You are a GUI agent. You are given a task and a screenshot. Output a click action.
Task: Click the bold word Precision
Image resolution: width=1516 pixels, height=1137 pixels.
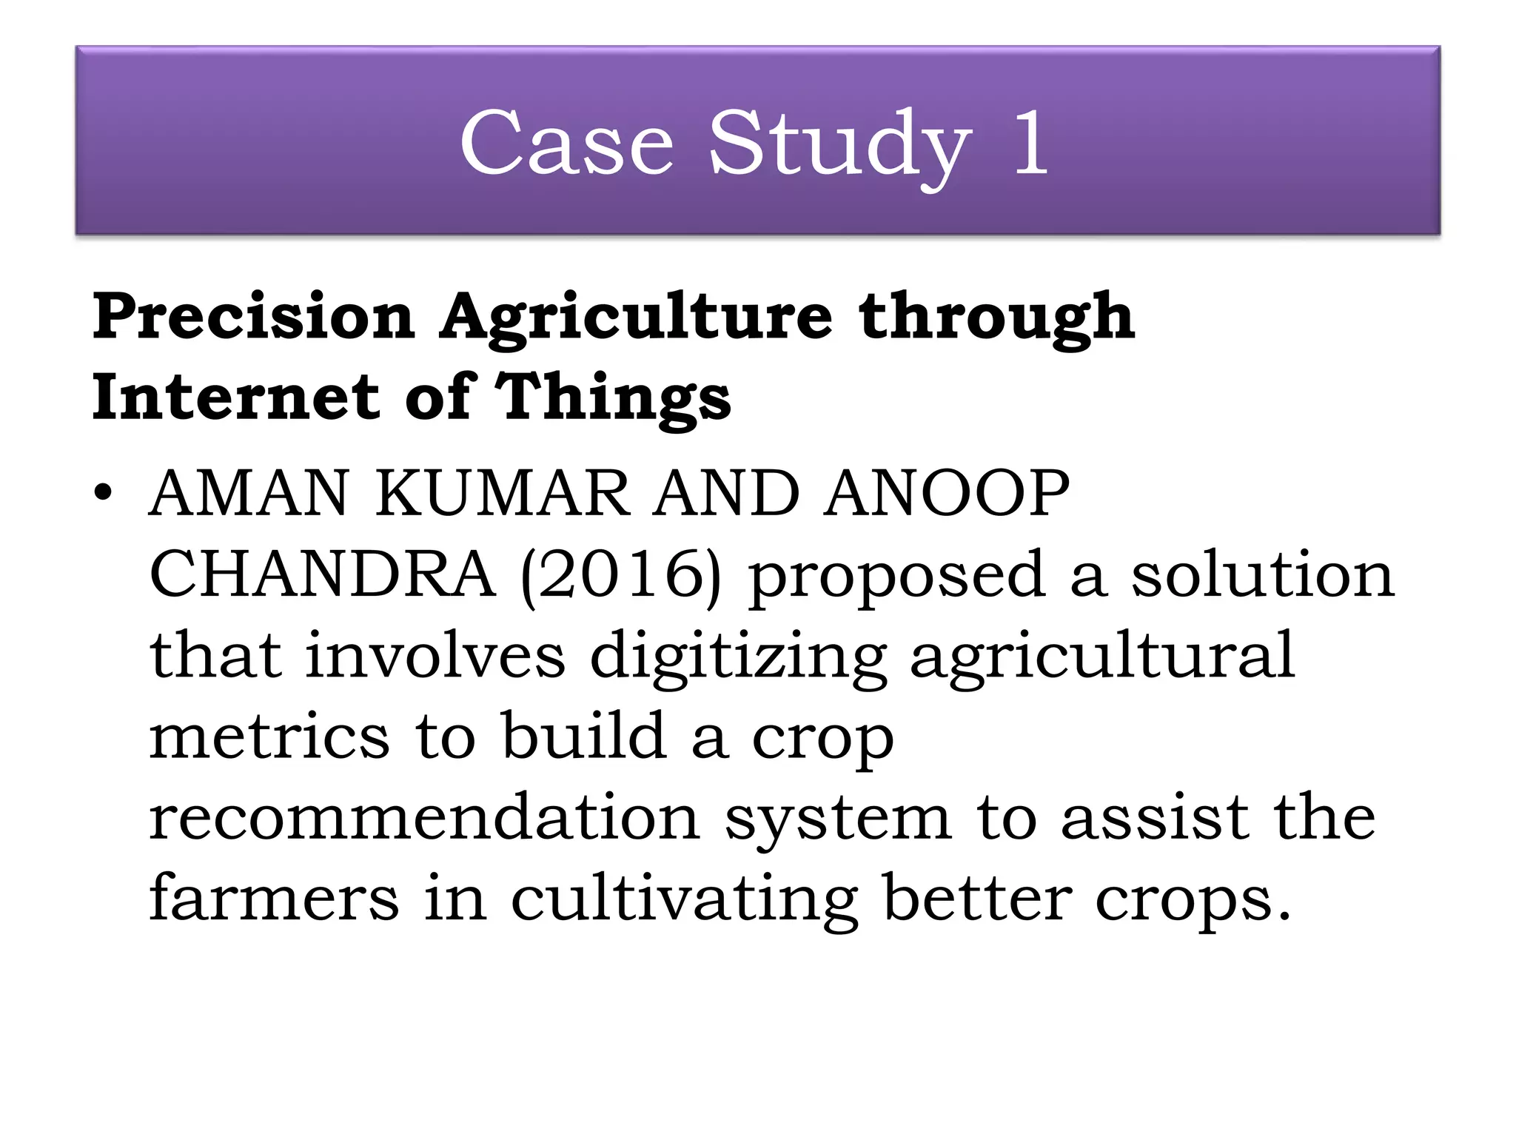253,317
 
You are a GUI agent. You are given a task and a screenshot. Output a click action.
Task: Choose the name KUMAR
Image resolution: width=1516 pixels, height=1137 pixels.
503,494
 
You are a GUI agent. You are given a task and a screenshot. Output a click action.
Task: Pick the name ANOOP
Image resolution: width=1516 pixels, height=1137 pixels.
947,494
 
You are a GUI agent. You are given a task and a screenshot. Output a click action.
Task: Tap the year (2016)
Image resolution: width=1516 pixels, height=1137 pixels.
621,576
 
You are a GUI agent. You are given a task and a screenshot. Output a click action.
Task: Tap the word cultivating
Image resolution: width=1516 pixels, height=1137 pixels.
685,900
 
